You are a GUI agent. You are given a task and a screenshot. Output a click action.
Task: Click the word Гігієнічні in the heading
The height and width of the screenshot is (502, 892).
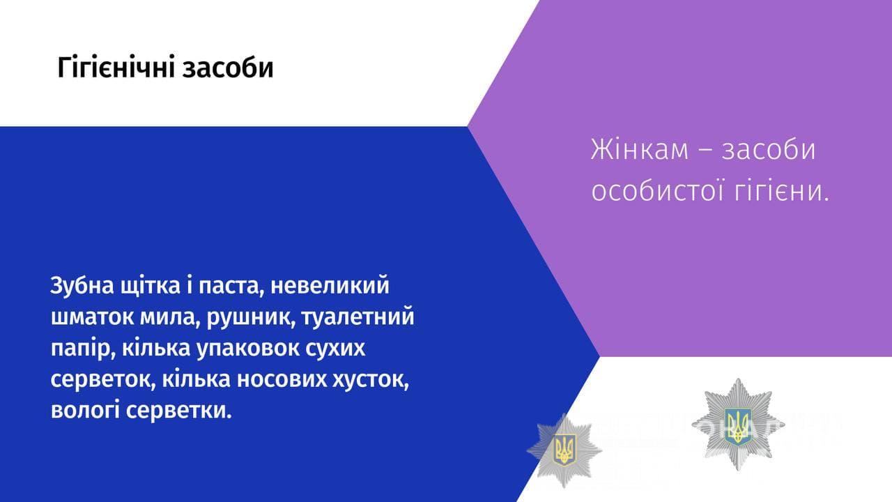(116, 68)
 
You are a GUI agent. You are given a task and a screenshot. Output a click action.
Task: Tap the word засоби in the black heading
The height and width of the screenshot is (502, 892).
(228, 68)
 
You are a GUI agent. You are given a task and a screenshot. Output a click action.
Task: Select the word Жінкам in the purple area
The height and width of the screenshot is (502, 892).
(640, 150)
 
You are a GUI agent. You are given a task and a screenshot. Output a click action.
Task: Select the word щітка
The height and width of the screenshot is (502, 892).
(150, 286)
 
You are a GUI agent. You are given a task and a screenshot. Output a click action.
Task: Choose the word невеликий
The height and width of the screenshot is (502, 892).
(330, 285)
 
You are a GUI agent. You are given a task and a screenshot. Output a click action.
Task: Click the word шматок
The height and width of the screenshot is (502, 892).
(93, 317)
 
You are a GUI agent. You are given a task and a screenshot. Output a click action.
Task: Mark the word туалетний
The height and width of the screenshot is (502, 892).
(358, 317)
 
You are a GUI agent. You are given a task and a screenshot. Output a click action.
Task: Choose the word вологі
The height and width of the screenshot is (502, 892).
(85, 411)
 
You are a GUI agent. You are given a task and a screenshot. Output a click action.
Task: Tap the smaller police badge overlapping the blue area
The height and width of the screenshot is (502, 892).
(564, 451)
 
